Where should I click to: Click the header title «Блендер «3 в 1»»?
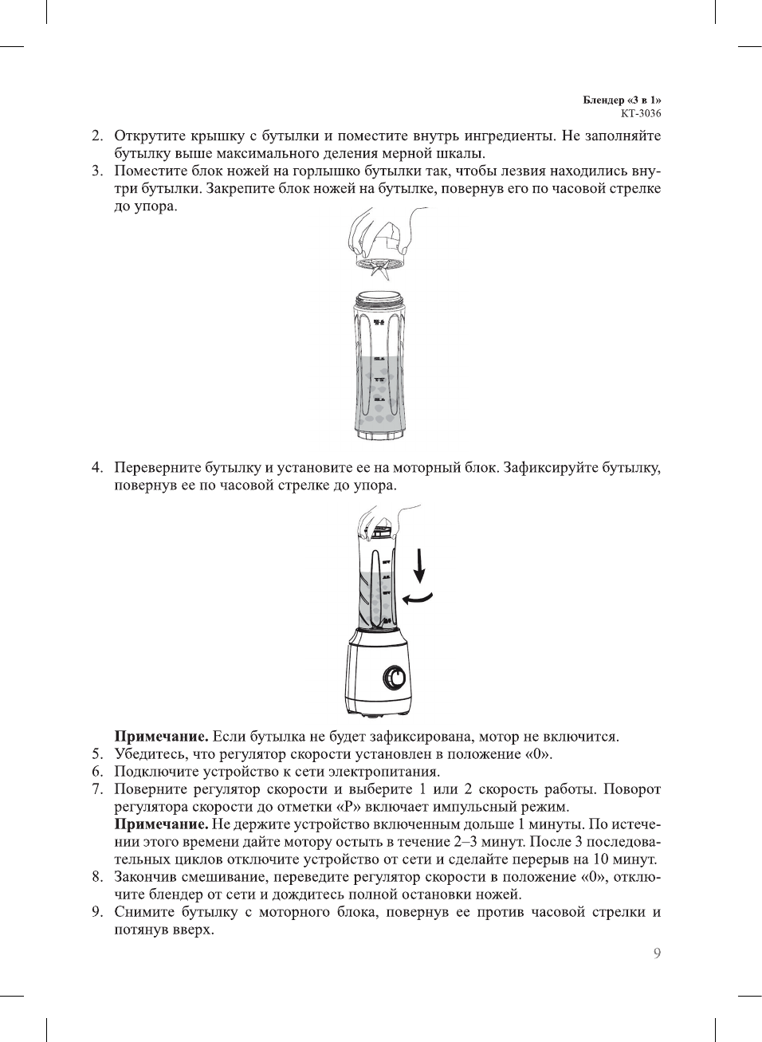pyautogui.click(x=622, y=100)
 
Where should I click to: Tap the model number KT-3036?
pyautogui.click(x=641, y=113)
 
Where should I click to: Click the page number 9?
pyautogui.click(x=657, y=954)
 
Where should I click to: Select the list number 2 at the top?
pyautogui.click(x=97, y=136)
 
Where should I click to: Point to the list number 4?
pyautogui.click(x=97, y=467)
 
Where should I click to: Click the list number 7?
pyautogui.click(x=97, y=789)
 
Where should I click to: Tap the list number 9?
pyautogui.click(x=97, y=912)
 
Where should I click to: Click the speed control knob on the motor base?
pyautogui.click(x=395, y=678)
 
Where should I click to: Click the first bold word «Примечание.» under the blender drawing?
pyautogui.click(x=162, y=737)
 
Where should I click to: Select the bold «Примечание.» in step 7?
pyautogui.click(x=162, y=824)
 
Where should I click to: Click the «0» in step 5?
pyautogui.click(x=538, y=754)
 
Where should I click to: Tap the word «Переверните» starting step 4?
pyautogui.click(x=158, y=467)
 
